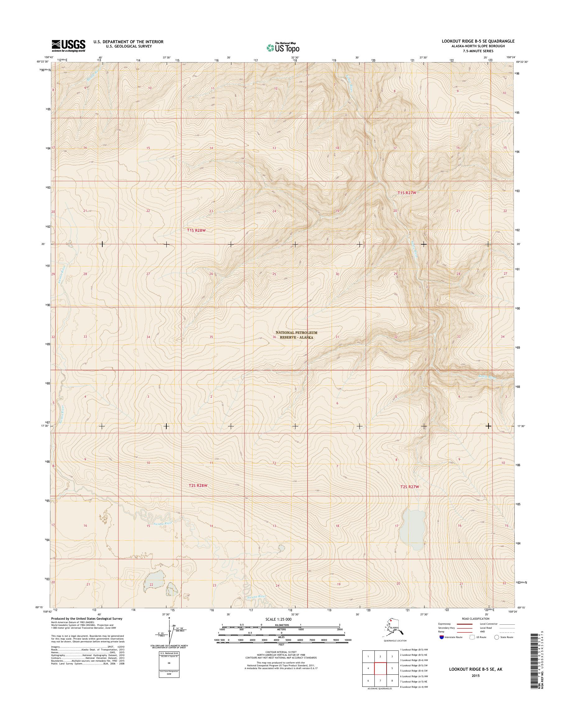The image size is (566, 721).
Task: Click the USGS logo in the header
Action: (x=68, y=46)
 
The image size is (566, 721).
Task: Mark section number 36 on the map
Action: (x=274, y=337)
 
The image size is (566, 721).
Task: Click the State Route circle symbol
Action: (x=496, y=637)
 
